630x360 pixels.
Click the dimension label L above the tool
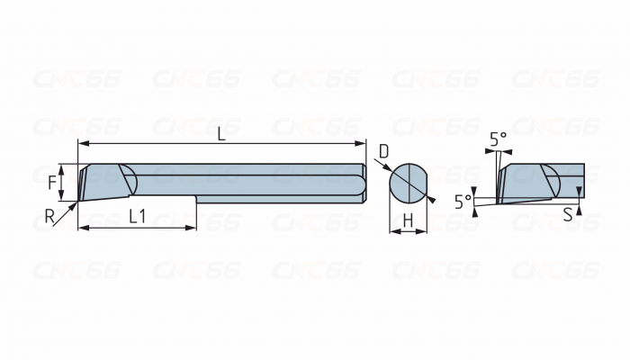[x=222, y=132]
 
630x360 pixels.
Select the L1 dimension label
[x=138, y=216]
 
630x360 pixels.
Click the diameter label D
[x=383, y=151]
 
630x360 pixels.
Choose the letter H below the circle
[x=408, y=220]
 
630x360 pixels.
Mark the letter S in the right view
[x=567, y=215]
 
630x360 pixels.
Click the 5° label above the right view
[x=498, y=139]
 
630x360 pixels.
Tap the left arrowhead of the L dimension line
[x=83, y=143]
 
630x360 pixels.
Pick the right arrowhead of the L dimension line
[x=363, y=143]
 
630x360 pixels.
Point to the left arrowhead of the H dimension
[x=393, y=232]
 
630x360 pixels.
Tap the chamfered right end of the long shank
[x=363, y=184]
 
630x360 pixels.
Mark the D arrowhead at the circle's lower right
[x=429, y=199]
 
